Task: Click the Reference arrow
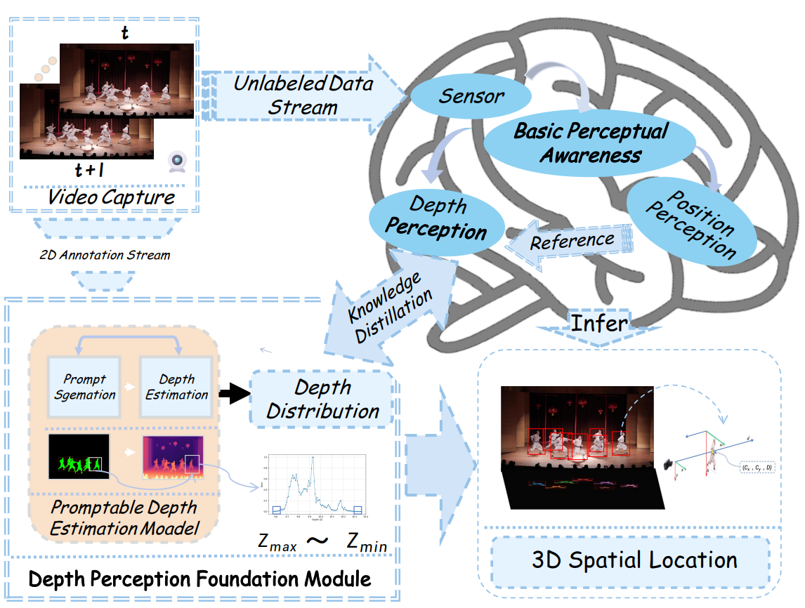(570, 241)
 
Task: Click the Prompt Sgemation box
(84, 387)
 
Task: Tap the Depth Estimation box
(176, 387)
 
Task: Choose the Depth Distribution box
(322, 399)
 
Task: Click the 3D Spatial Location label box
(634, 560)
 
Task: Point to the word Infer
(598, 322)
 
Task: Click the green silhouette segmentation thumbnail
(79, 456)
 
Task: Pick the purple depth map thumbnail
(173, 457)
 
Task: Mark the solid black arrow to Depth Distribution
(230, 394)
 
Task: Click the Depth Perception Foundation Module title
(199, 579)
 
